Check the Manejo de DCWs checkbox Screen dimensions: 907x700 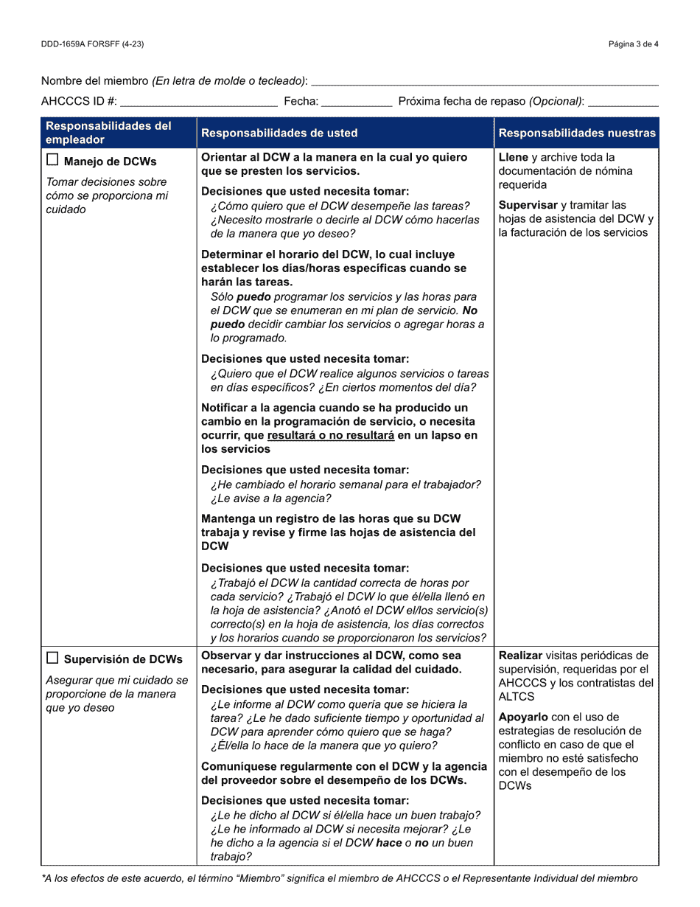click(52, 161)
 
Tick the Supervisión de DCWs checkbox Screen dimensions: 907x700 click(52, 658)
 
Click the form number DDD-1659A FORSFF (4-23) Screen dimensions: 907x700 click(92, 44)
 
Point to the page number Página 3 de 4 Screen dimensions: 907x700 click(633, 44)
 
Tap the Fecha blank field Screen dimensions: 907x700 click(357, 102)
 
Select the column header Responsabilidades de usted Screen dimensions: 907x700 click(279, 133)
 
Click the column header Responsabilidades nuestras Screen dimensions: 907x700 click(577, 133)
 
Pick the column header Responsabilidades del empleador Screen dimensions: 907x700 click(108, 133)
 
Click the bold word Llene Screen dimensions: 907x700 click(514, 158)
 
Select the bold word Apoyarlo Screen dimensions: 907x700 click(523, 717)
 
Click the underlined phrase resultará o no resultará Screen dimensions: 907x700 click(331, 436)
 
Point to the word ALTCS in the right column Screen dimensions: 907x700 click(517, 697)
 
